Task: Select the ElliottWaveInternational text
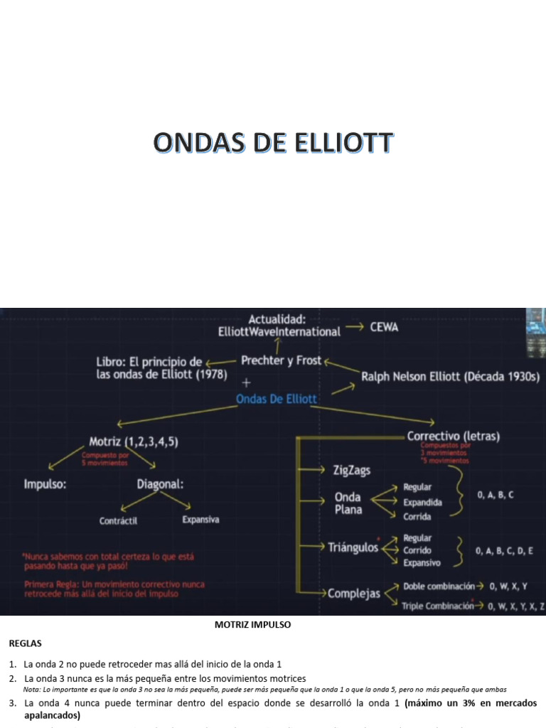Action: pos(279,331)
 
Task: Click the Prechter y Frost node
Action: pos(281,360)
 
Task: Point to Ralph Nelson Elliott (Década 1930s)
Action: pos(451,377)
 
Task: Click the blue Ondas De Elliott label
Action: pos(277,399)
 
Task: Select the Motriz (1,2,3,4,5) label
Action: pos(134,441)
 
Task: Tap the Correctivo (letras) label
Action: pos(453,437)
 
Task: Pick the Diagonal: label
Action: pos(160,484)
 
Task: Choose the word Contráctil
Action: pos(118,520)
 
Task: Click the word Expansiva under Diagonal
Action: pos(200,520)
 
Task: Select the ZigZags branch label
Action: pos(351,470)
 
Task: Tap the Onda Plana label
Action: pos(348,503)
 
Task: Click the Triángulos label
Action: pos(353,547)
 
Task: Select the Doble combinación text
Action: pos(439,587)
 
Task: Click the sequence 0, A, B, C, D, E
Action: pos(504,550)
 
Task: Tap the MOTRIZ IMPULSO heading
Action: pos(252,625)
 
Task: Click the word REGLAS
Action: pos(26,643)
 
